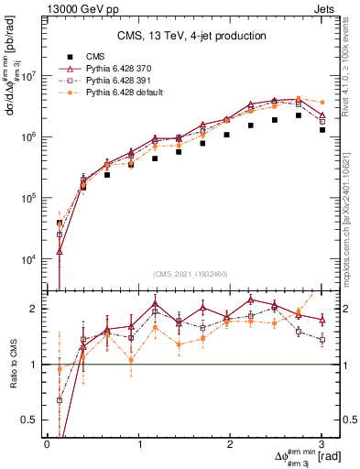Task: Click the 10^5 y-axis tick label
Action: click(x=30, y=199)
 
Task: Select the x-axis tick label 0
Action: click(x=47, y=444)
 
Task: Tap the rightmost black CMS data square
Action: click(x=322, y=130)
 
